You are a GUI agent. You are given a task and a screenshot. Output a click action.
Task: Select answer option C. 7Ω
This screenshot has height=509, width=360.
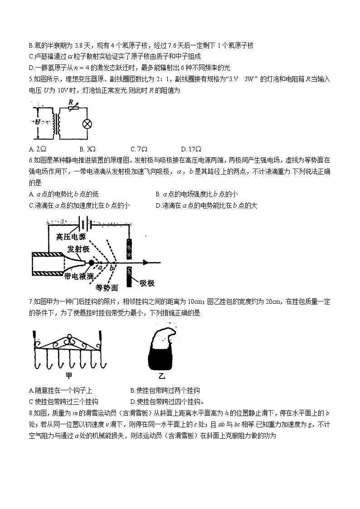coord(139,149)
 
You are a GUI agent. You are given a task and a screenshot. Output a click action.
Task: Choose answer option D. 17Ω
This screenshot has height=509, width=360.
coord(191,149)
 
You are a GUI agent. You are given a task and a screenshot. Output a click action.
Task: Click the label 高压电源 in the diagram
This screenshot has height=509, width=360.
coord(71,237)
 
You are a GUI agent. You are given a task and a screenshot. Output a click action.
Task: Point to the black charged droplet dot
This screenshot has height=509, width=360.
coord(91,262)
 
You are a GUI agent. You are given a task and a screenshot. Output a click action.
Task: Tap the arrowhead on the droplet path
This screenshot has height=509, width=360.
coord(146,262)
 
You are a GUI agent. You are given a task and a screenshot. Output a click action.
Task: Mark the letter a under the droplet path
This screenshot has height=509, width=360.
coord(101,268)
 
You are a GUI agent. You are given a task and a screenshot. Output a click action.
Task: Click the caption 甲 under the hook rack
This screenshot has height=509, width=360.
coord(69,375)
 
